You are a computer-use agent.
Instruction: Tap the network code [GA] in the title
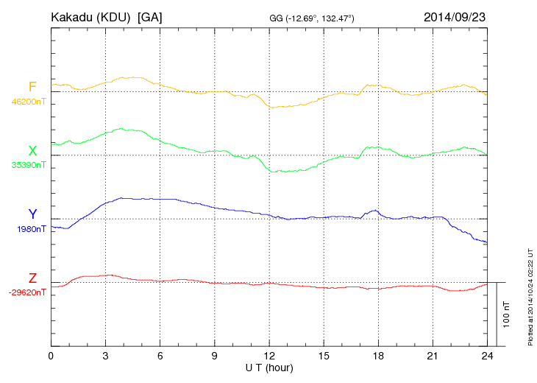pos(150,16)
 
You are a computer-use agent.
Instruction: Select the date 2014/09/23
pos(454,16)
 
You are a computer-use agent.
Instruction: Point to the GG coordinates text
pos(313,17)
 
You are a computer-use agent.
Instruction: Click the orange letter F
pos(32,87)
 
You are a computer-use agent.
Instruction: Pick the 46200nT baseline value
pos(29,102)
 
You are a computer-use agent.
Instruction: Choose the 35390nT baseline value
pos(29,166)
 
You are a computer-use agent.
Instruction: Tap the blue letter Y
pos(32,214)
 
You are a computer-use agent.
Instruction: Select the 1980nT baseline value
pos(31,229)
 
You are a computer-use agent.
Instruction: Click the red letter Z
pos(32,278)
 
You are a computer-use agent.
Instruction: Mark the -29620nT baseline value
pos(27,292)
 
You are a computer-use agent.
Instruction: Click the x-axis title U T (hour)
pos(269,367)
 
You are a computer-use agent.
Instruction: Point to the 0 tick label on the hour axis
pos(51,356)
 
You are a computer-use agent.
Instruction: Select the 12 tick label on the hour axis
pos(269,356)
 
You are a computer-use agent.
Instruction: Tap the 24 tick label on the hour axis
pos(487,356)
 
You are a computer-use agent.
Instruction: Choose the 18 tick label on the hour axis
pos(378,356)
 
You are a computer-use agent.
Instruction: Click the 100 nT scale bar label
pos(507,314)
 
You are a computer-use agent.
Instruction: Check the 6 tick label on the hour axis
pos(160,356)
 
